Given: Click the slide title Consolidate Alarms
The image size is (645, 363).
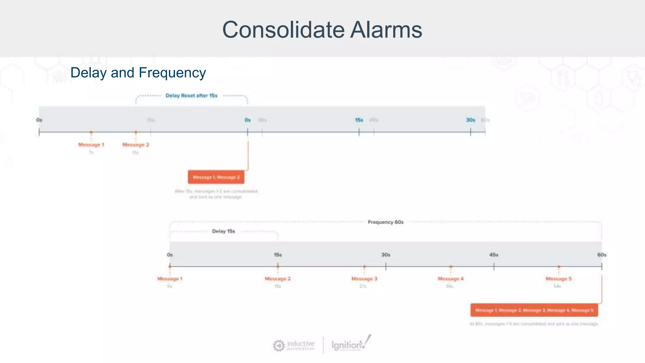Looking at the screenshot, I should pos(322,30).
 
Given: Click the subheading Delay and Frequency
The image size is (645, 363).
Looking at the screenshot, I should pos(138,72).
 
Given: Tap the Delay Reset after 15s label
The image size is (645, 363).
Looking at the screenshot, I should pos(191,95).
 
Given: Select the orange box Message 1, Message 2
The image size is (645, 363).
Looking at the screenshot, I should pos(216,177).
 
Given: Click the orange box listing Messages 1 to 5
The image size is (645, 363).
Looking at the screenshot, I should pos(534,310).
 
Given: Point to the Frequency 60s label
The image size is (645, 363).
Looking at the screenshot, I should pos(385,222).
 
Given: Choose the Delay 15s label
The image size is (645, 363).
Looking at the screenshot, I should pos(223,231).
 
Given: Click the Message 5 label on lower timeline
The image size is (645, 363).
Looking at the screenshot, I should pos(558,279).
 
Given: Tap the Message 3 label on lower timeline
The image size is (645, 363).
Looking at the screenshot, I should pos(364,279).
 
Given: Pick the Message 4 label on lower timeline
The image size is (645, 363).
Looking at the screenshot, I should pos(450,279).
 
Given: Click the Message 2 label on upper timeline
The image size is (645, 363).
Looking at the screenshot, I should pos(135,145).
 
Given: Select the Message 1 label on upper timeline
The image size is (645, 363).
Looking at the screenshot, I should pos(91,145).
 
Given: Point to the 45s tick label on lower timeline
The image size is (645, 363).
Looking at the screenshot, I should pos(494,255).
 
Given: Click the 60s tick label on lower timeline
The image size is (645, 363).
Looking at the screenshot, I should pos(602,255).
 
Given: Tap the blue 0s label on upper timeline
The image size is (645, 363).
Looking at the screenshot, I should pos(248,120).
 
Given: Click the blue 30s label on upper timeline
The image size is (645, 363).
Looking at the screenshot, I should pos(470,120).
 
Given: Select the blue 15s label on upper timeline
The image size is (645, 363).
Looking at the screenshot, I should pos(359,120).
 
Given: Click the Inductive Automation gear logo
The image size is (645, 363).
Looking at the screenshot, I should pos(279,346).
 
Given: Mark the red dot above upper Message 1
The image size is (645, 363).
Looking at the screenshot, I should pos(91,132).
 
